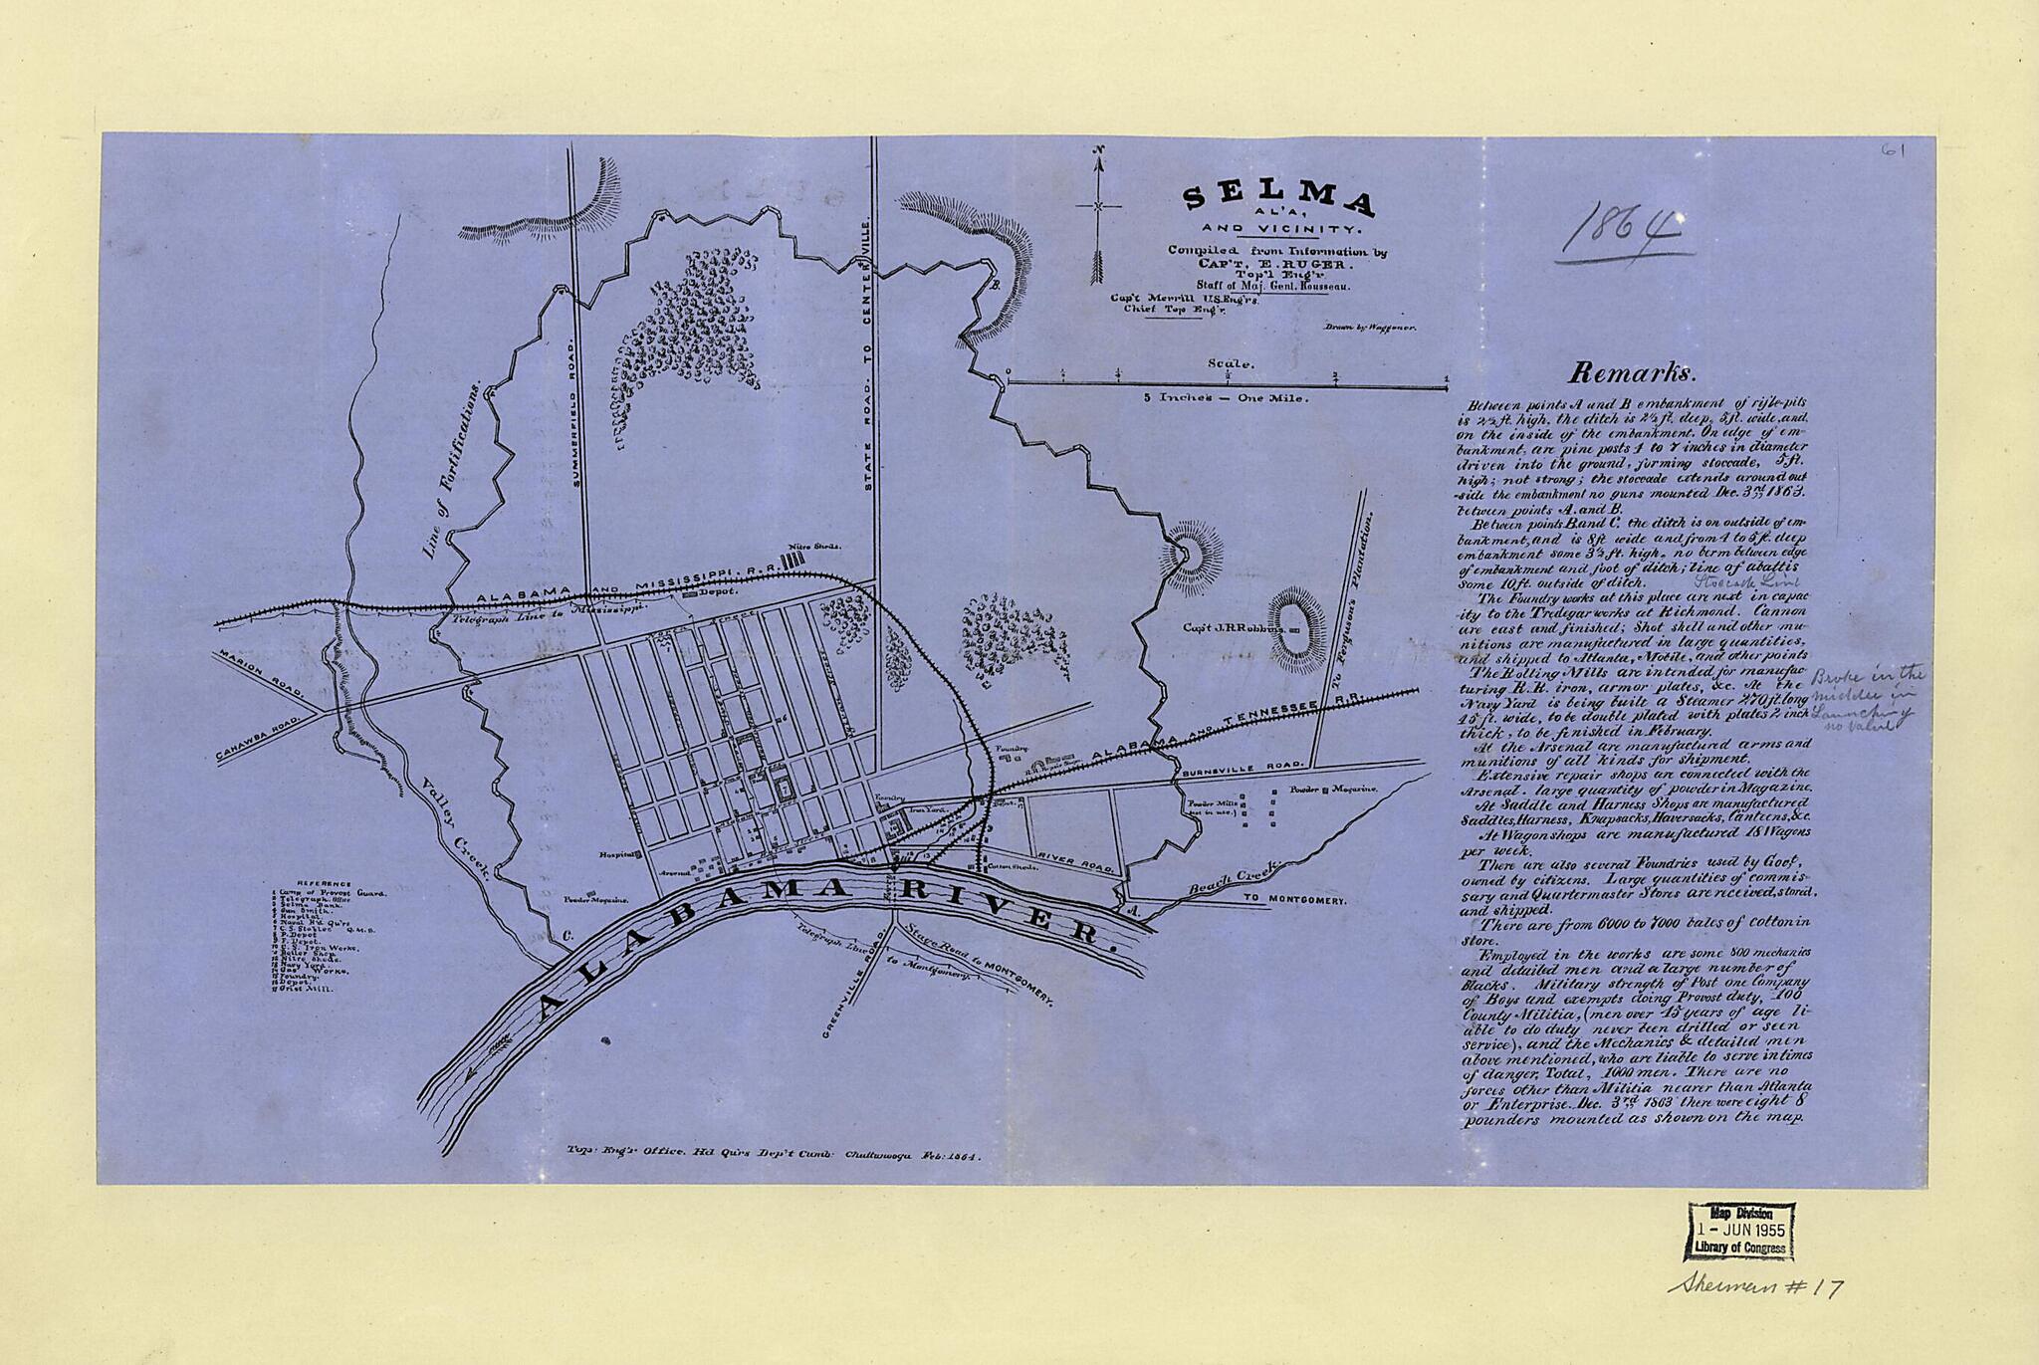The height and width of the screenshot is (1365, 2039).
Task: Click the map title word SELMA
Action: (x=1278, y=202)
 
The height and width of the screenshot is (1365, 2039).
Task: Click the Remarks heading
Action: (x=1630, y=372)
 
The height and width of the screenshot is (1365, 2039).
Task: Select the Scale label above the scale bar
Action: (x=1227, y=363)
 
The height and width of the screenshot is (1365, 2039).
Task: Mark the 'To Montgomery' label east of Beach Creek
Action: (x=1293, y=900)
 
